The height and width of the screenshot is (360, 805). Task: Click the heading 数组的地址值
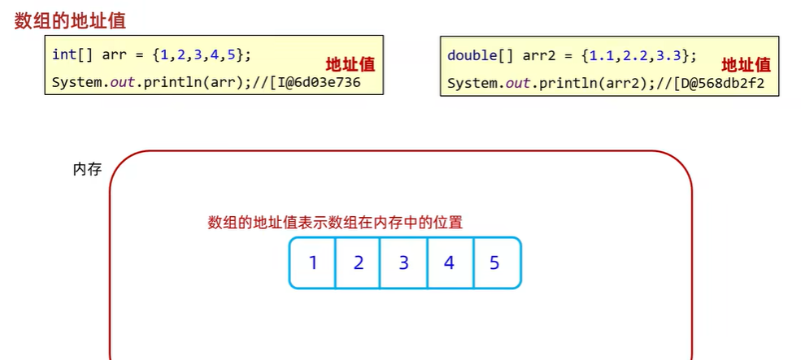70,20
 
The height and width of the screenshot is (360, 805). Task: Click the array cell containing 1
312,262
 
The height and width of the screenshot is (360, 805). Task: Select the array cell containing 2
358,262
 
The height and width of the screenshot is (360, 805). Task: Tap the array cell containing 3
403,262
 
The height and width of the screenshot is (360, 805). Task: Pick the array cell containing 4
449,262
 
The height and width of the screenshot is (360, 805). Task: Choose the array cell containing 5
495,262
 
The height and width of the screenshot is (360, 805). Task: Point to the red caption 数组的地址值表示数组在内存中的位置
335,222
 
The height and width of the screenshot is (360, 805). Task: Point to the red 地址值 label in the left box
350,65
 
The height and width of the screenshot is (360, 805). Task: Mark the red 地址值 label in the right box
746,65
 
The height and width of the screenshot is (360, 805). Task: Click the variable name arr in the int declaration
115,55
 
